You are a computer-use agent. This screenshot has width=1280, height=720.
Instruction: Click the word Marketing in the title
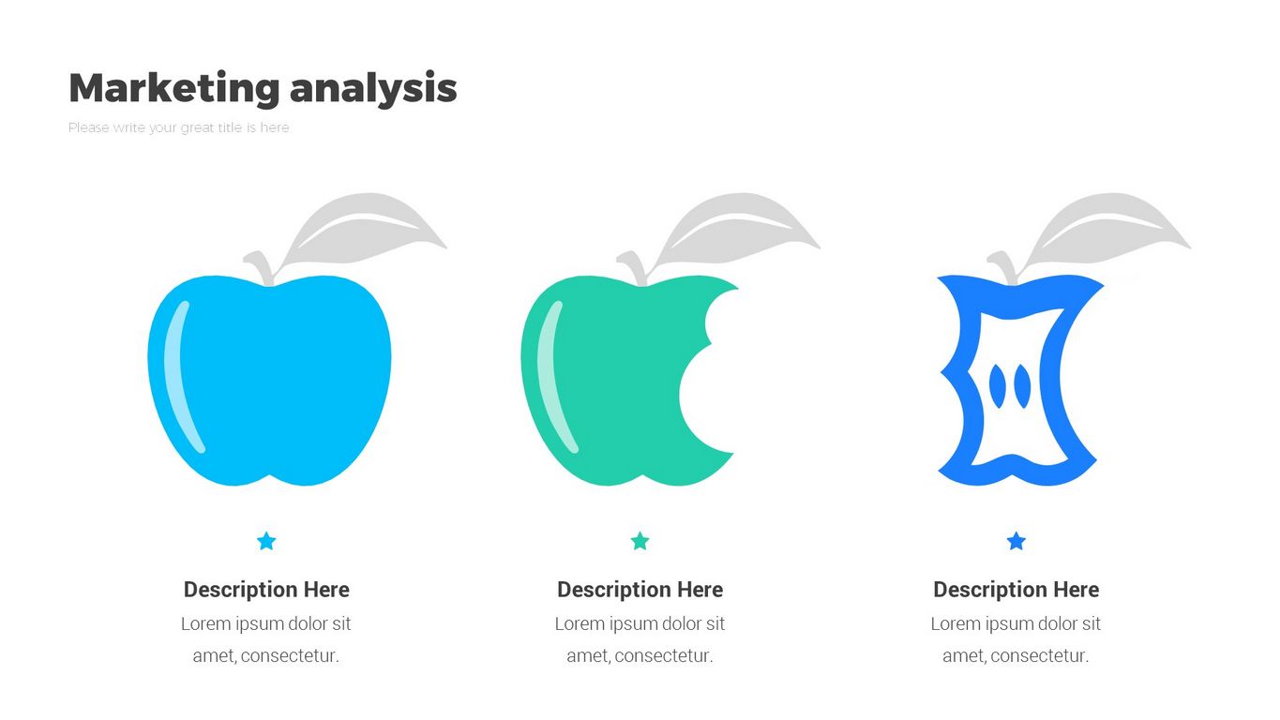point(174,88)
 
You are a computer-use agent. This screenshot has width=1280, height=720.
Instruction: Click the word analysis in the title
point(373,89)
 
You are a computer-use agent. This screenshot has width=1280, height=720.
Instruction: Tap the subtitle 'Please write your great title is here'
point(178,127)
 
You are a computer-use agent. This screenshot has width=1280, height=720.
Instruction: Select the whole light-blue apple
point(269,380)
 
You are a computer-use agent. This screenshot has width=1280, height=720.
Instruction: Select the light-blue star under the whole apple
point(267,541)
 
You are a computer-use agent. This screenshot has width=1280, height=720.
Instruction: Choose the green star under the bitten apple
point(640,541)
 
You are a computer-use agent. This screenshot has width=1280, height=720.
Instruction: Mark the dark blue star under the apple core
point(1016,541)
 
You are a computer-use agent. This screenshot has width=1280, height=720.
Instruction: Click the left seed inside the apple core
point(997,385)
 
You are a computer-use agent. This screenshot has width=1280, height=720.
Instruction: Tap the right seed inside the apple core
point(1022,387)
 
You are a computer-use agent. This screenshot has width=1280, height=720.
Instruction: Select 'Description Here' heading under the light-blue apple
point(266,590)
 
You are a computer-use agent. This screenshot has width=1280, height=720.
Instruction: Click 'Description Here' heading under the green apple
point(640,590)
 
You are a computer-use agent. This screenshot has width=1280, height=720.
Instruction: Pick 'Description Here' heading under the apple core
point(1016,590)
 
